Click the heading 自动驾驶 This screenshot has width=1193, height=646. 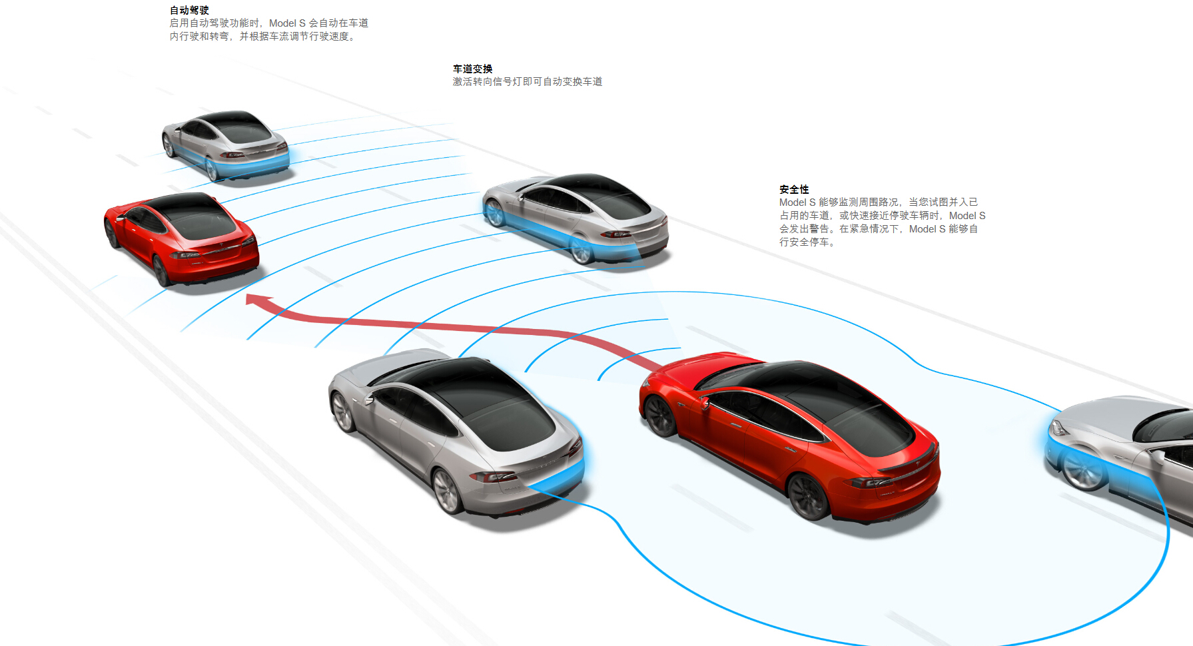pyautogui.click(x=189, y=10)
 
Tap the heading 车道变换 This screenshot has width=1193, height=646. pyautogui.click(x=473, y=69)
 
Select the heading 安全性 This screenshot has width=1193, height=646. pyautogui.click(x=794, y=189)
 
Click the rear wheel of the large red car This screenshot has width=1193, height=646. pyautogui.click(x=807, y=495)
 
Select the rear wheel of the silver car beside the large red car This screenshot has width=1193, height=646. pyautogui.click(x=447, y=491)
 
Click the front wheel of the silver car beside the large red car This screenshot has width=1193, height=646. pyautogui.click(x=342, y=411)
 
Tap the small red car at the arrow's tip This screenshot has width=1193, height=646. pyautogui.click(x=181, y=238)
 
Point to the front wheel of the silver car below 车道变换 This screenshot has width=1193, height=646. pyautogui.click(x=494, y=213)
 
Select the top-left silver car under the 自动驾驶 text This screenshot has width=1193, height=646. pyautogui.click(x=225, y=145)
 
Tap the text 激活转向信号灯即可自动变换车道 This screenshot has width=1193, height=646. pyautogui.click(x=528, y=81)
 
